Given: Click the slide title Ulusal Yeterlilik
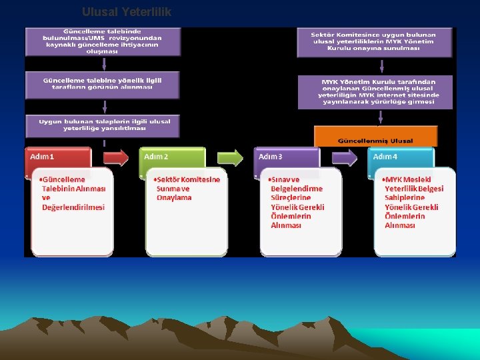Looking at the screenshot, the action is (127, 11).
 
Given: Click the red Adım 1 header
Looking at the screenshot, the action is (58, 158).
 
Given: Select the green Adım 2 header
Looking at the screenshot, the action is (172, 158).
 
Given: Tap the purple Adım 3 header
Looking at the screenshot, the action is (286, 158).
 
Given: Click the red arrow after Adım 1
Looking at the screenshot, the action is (115, 158).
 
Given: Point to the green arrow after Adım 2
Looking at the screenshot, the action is (230, 158).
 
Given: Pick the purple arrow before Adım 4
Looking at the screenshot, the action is (344, 158).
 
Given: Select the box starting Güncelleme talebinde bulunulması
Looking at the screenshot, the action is (103, 41).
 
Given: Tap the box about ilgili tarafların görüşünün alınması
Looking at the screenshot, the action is (103, 83).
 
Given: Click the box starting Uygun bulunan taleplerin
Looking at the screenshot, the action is (103, 125).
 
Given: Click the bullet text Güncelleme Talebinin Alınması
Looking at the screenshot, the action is (73, 193).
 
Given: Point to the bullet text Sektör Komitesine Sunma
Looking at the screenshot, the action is (187, 189).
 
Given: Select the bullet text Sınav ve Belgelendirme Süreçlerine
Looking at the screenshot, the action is (297, 203).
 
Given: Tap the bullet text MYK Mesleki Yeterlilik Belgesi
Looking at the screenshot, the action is (413, 203).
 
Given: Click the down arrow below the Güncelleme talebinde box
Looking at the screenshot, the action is (104, 64).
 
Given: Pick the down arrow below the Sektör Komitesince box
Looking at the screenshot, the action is (381, 65).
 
